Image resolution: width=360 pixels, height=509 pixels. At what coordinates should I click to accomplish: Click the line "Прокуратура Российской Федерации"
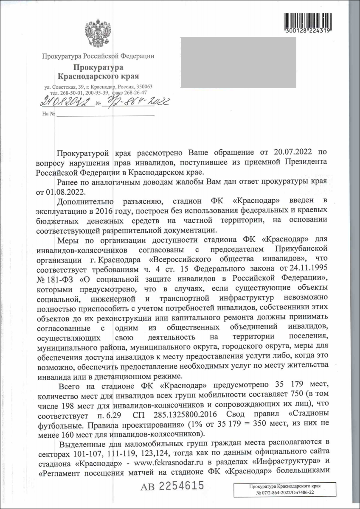pos(98,56)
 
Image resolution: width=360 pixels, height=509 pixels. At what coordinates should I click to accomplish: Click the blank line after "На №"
pos(106,114)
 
